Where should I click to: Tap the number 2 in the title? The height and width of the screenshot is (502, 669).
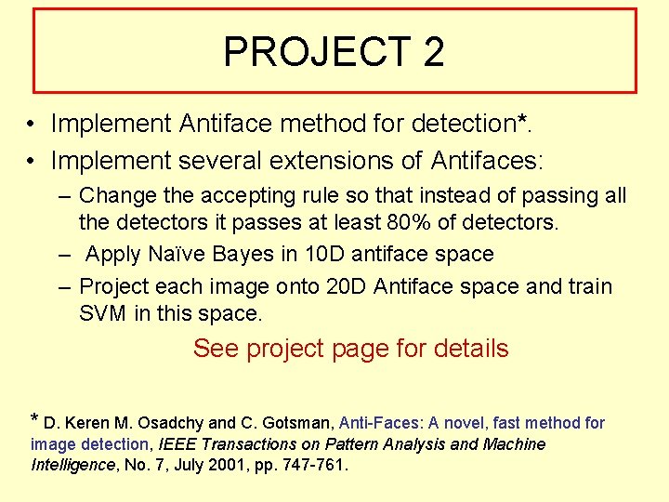point(433,52)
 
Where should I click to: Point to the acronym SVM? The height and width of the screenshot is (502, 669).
point(103,313)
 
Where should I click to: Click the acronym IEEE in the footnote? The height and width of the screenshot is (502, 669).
point(179,444)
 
